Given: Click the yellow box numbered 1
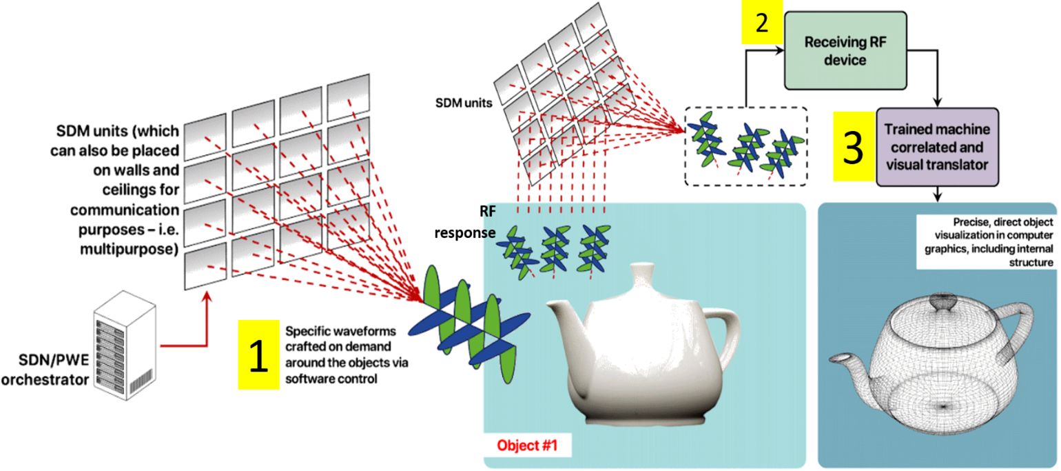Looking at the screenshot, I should click(258, 355).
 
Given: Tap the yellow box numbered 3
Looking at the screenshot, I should click(854, 148).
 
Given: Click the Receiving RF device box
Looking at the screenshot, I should click(845, 50).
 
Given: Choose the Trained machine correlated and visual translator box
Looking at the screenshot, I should click(936, 146).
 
